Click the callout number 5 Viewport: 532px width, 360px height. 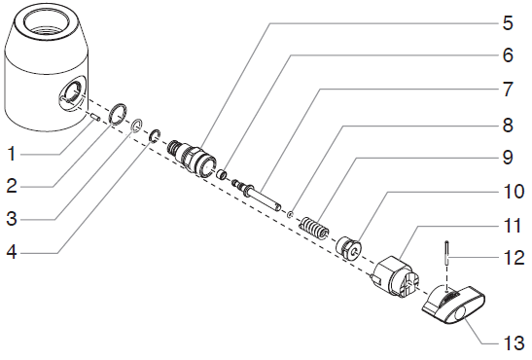(508, 23)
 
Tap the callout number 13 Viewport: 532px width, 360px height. (514, 343)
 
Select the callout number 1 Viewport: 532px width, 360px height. (13, 154)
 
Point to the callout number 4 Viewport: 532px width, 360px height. (12, 252)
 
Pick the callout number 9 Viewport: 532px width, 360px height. (508, 158)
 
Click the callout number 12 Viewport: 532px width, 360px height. (514, 258)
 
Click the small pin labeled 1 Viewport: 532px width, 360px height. (95, 117)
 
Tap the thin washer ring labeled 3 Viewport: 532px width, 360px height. (136, 126)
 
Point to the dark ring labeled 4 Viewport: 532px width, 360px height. (155, 136)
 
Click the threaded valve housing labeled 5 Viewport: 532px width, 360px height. (192, 156)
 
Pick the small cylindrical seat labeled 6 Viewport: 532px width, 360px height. (222, 175)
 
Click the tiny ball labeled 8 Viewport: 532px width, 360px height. (290, 214)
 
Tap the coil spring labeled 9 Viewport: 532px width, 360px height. (314, 229)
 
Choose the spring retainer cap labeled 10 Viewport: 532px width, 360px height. (348, 248)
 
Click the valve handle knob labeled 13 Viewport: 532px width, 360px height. (453, 305)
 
